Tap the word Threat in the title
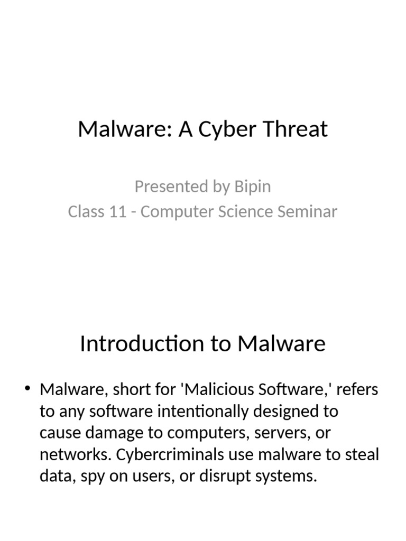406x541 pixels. point(295,129)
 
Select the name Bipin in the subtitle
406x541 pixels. point(252,186)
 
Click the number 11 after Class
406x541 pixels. point(117,211)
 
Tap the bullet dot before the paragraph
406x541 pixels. point(27,388)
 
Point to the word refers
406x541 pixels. point(357,389)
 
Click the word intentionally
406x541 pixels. point(202,412)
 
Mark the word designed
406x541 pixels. point(286,412)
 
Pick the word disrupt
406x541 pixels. point(225,477)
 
